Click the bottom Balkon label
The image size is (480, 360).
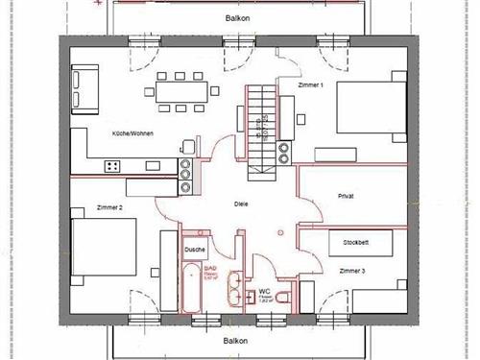pyautogui.click(x=236, y=341)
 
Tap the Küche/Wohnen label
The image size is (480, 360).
pyautogui.click(x=133, y=134)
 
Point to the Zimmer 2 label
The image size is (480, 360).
pyautogui.click(x=109, y=208)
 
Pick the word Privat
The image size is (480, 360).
pyautogui.click(x=347, y=196)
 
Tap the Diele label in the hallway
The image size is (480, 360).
pyautogui.click(x=241, y=204)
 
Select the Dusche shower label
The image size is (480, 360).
pyautogui.click(x=195, y=251)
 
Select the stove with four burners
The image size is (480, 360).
pyautogui.click(x=112, y=166)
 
